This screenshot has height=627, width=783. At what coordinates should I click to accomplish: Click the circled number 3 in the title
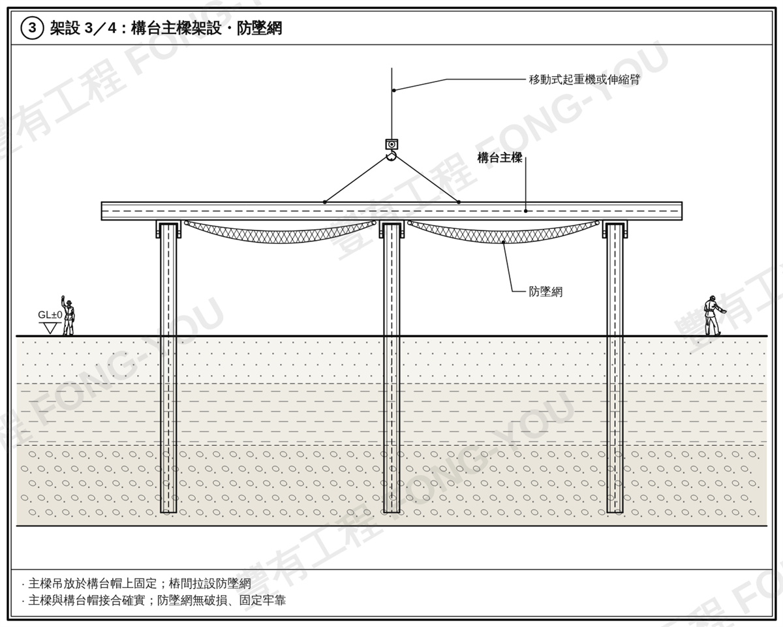click(x=32, y=28)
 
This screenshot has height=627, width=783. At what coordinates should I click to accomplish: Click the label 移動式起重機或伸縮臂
click(x=584, y=80)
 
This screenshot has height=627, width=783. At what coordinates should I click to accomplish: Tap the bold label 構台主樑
click(x=500, y=158)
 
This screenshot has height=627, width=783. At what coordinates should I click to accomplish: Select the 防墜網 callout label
click(x=545, y=292)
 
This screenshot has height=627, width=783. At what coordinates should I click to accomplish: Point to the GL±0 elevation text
click(x=50, y=314)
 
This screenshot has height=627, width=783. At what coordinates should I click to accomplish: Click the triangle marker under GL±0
click(x=50, y=328)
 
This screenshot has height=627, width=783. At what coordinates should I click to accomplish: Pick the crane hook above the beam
click(x=391, y=157)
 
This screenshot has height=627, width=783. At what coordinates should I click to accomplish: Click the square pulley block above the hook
click(x=391, y=144)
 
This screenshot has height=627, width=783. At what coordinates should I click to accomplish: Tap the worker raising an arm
click(x=68, y=315)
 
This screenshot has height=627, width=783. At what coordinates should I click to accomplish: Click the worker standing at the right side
click(x=713, y=316)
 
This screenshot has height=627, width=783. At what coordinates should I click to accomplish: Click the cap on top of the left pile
click(x=168, y=229)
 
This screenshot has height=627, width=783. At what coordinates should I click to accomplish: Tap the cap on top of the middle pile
click(x=391, y=229)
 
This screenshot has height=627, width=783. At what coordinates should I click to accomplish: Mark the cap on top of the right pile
click(x=615, y=229)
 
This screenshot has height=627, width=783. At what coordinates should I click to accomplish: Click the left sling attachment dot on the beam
click(x=324, y=202)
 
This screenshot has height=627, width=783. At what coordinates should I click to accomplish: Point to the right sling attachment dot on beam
click(x=459, y=202)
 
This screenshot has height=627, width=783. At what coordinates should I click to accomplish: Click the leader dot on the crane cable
click(x=393, y=90)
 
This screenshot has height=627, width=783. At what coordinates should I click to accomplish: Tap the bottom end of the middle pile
click(x=391, y=512)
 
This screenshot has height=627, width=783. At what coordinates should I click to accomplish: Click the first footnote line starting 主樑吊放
click(x=136, y=583)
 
